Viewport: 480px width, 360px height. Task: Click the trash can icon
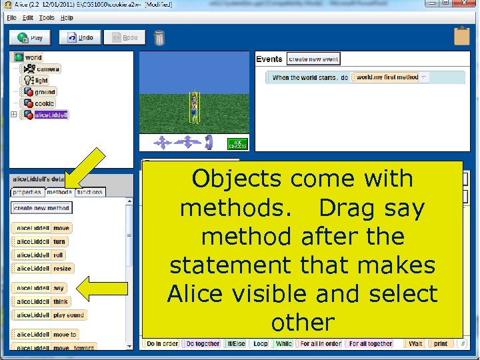tap(159, 38)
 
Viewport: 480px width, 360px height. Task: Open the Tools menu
tap(47, 17)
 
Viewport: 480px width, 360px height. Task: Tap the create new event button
tap(313, 59)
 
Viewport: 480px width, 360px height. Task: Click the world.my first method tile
tap(387, 77)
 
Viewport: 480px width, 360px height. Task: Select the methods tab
tap(59, 192)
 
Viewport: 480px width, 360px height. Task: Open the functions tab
tap(89, 192)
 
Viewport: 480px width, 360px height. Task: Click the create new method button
tap(41, 208)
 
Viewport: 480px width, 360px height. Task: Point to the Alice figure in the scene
tap(194, 107)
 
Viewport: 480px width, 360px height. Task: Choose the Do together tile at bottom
tap(202, 343)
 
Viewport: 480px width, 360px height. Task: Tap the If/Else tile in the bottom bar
tap(237, 343)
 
